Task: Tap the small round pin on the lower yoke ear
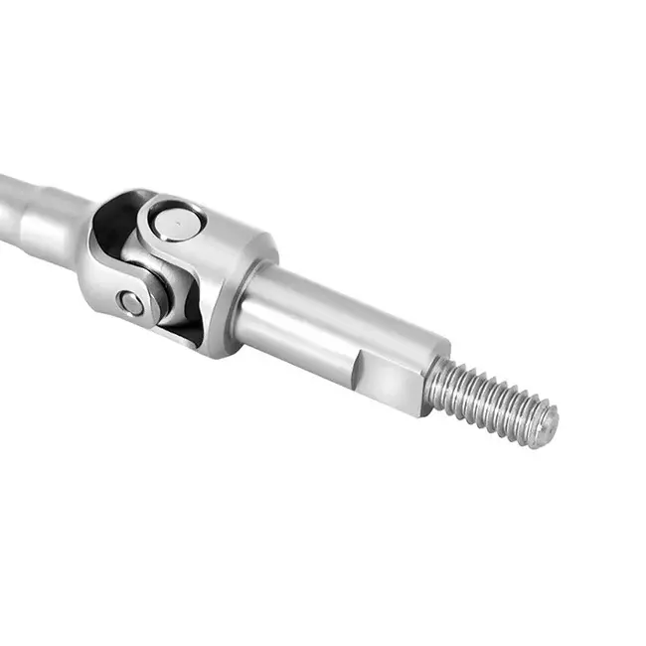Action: point(130,302)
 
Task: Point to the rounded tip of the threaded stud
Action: point(547,421)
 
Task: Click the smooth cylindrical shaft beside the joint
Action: point(328,318)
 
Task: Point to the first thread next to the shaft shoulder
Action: point(437,383)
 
